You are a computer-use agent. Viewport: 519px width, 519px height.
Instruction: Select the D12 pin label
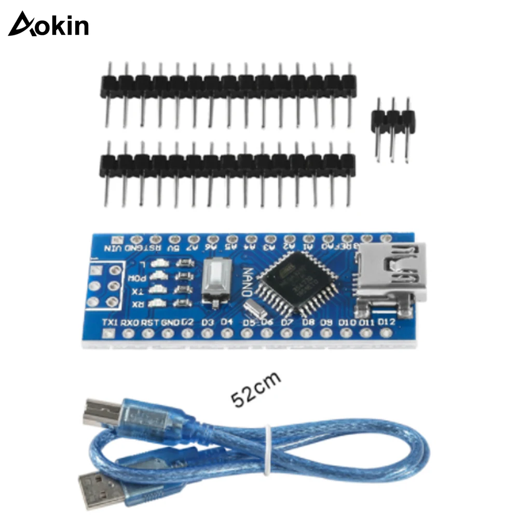(x=387, y=322)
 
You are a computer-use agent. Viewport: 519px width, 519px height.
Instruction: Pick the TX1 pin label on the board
(x=111, y=322)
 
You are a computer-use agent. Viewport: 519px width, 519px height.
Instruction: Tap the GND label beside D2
(x=170, y=322)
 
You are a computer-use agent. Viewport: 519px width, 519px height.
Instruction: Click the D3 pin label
(x=207, y=322)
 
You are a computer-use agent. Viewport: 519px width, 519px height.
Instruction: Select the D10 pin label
(x=347, y=323)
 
